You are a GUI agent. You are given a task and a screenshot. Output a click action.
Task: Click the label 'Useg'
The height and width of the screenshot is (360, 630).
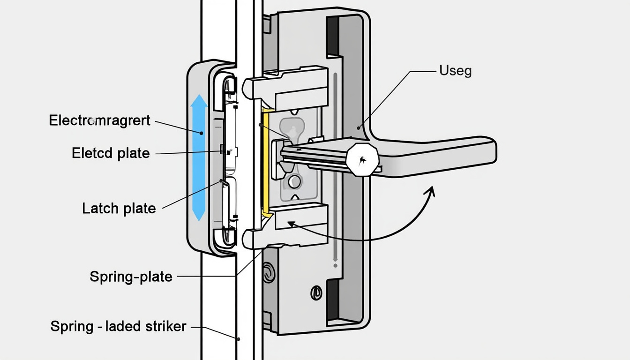pos(455,71)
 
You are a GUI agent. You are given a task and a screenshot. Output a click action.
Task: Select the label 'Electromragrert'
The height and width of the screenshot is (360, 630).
pos(99,120)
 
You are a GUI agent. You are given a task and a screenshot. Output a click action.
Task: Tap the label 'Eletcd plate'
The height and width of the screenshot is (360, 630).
pos(111,153)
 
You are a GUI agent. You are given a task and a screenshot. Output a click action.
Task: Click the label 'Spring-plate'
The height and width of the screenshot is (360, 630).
pos(131,277)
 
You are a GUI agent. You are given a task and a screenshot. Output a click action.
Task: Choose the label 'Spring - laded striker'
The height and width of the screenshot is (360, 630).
pos(118,326)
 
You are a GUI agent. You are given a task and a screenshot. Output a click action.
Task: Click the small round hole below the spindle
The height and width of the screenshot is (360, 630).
pos(294,181)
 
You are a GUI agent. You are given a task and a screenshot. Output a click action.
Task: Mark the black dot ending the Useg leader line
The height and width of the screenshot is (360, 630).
pos(359,127)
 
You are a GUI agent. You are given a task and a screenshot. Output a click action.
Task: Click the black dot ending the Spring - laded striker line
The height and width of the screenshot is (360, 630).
pos(238,338)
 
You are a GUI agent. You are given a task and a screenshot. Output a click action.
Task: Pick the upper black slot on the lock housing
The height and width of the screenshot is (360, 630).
pos(333,35)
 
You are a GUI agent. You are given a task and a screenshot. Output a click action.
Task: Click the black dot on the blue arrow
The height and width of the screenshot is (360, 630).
pos(202,133)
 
